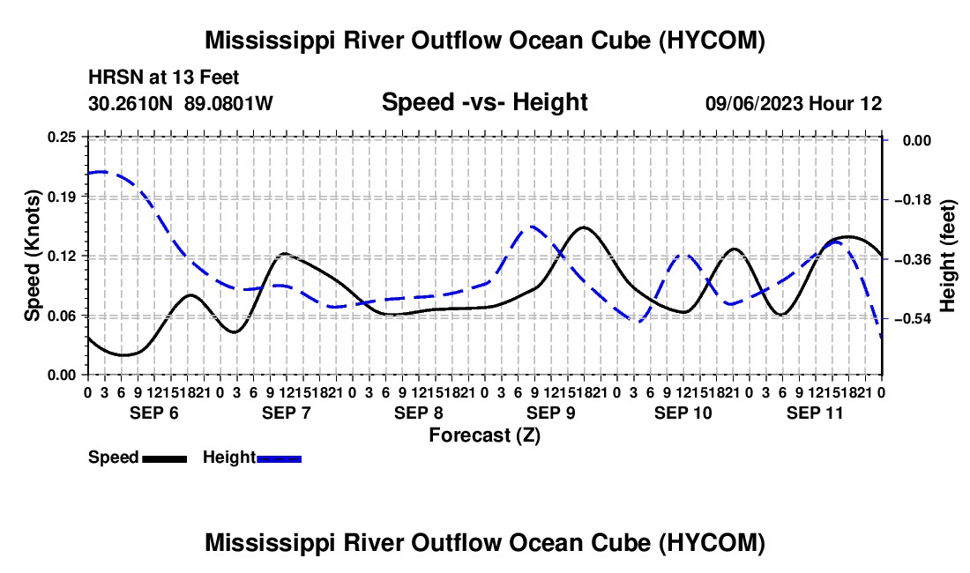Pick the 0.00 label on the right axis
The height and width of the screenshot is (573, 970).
917,141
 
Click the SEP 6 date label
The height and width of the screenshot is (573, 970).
154,413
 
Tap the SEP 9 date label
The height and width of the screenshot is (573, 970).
550,413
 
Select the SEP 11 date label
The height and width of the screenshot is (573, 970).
815,413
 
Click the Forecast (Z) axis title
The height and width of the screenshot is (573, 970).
485,435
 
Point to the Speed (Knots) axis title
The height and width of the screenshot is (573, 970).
33,256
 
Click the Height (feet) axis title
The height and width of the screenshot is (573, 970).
948,256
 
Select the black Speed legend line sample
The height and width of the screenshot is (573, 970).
165,458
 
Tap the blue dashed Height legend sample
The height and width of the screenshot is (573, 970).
279,458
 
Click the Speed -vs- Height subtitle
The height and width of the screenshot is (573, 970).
485,102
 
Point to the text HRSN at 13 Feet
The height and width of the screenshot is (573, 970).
164,78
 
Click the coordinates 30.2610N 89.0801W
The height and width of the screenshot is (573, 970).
181,103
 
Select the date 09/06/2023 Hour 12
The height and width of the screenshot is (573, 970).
794,103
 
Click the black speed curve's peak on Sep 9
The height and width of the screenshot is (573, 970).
584,227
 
